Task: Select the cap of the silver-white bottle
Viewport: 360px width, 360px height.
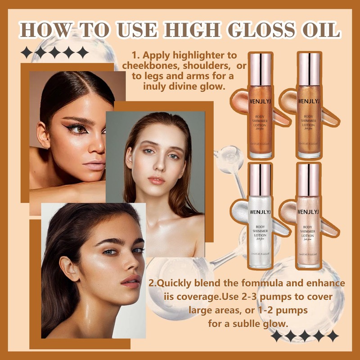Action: point(259,177)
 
